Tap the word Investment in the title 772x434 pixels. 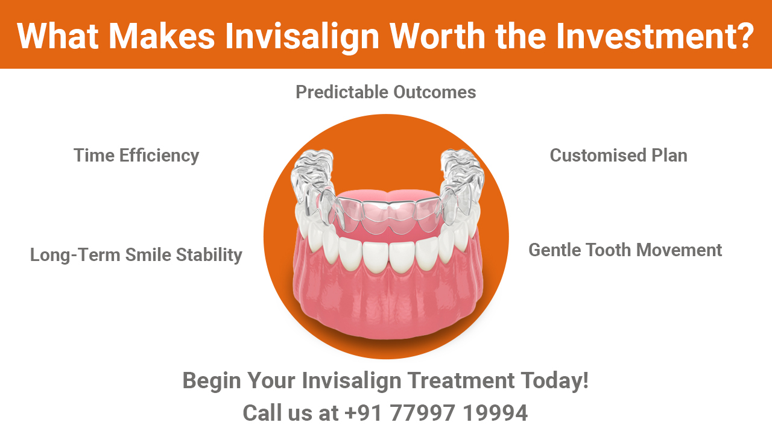[654, 36]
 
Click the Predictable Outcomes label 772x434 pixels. [385, 92]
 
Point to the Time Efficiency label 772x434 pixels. [136, 156]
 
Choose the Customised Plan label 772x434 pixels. [618, 156]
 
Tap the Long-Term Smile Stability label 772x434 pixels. [136, 255]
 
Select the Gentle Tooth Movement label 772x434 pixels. [625, 250]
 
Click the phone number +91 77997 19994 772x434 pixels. [436, 414]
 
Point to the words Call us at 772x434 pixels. [290, 414]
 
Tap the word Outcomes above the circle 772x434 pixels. [434, 92]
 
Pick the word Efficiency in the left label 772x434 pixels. [159, 156]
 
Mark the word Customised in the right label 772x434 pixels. [597, 156]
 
